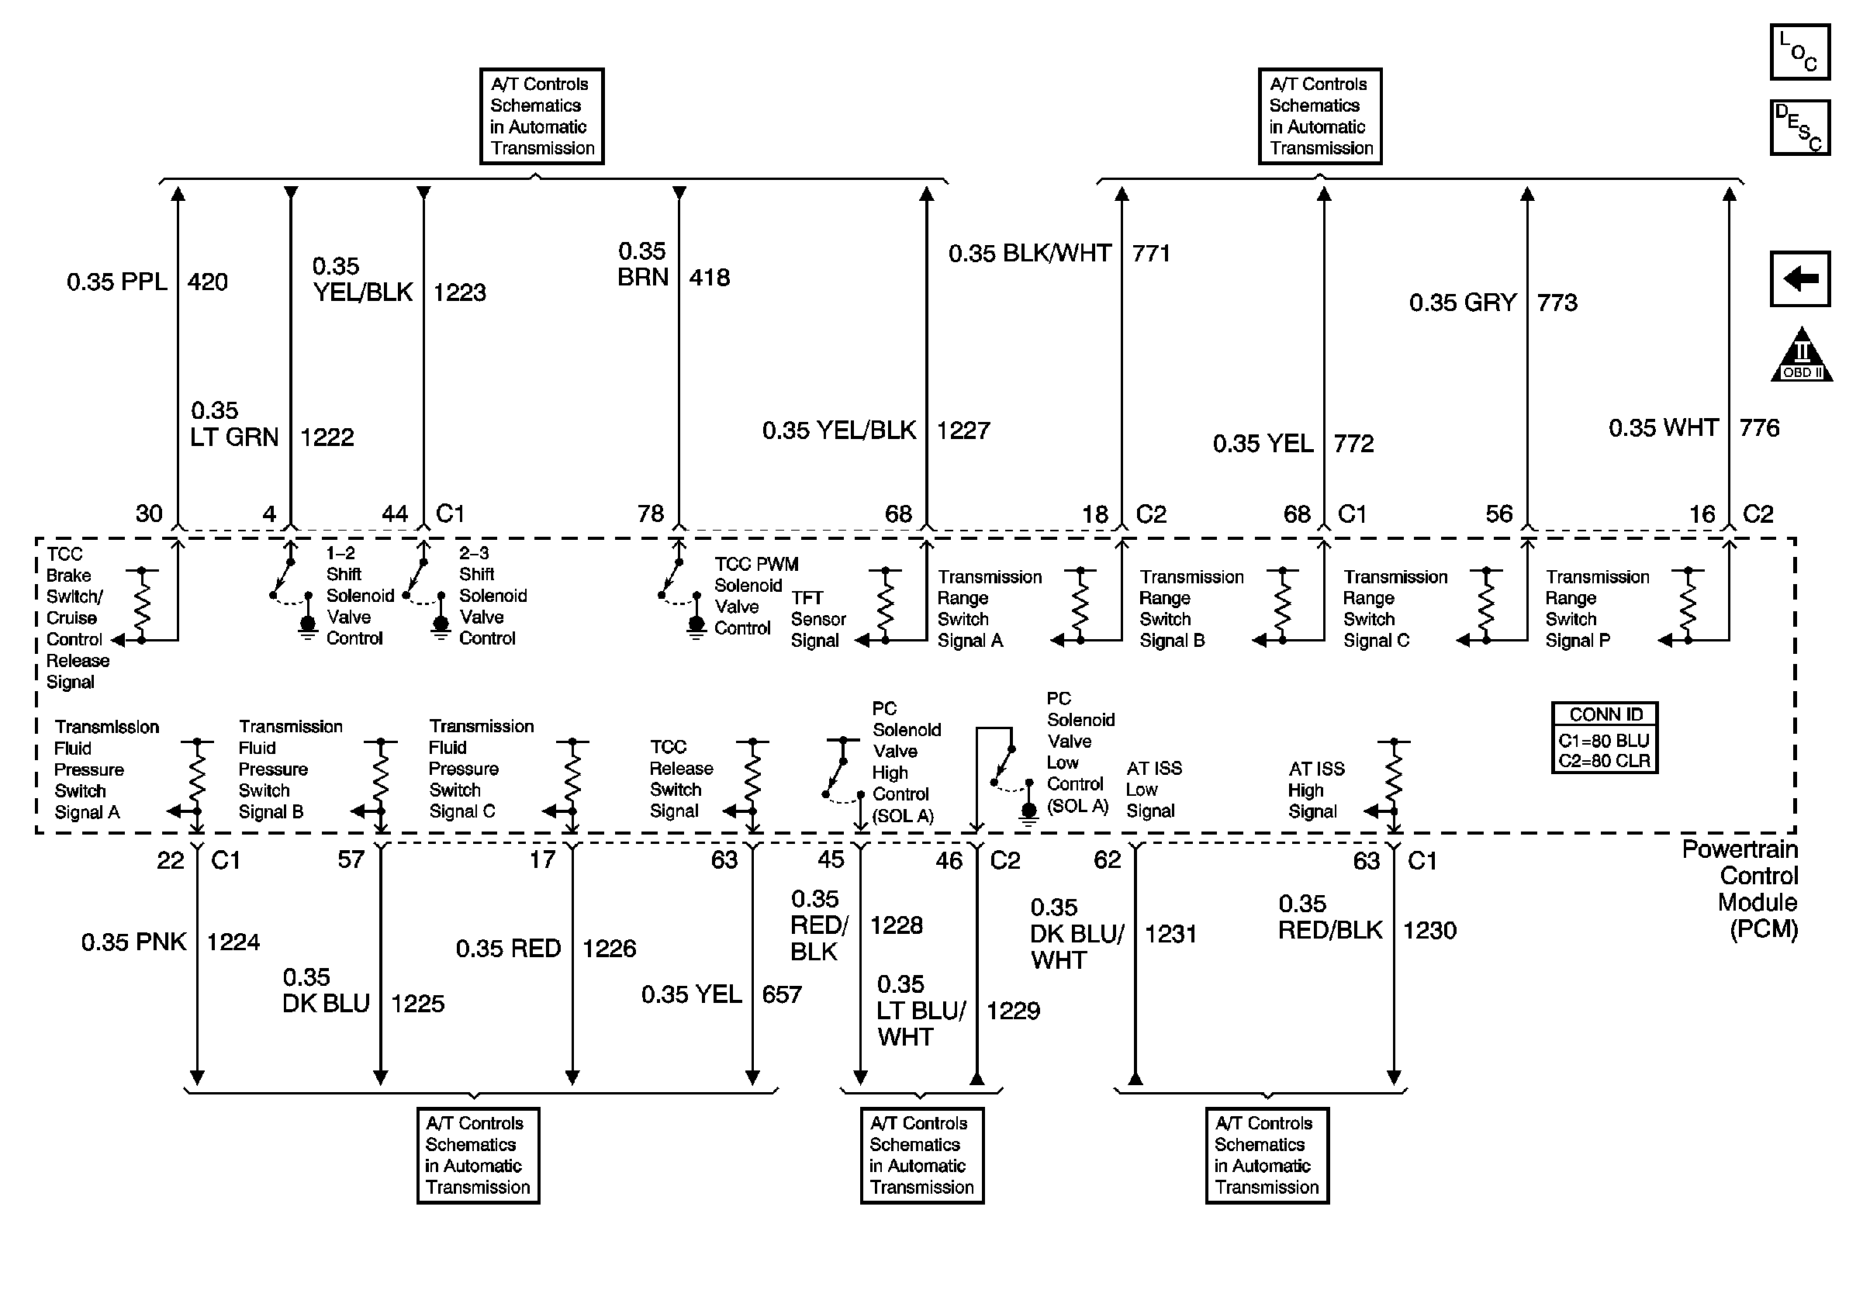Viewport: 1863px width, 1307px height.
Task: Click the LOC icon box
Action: click(1799, 52)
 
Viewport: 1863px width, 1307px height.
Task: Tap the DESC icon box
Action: click(1799, 127)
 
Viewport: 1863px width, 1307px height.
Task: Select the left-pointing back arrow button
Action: click(1799, 279)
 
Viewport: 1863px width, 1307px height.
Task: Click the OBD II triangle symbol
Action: click(1800, 356)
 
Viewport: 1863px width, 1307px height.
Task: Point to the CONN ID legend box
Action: click(1603, 738)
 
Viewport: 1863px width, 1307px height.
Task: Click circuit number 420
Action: click(207, 282)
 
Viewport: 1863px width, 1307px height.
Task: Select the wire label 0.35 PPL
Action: click(116, 282)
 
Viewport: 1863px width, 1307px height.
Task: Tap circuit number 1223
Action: click(459, 292)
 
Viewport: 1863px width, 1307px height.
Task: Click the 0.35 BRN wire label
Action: click(643, 265)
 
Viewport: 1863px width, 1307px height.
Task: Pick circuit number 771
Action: click(1150, 254)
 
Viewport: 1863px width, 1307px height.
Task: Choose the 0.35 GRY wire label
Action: click(1462, 303)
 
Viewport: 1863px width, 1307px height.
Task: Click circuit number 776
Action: click(1758, 428)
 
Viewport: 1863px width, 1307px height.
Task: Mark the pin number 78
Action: click(650, 513)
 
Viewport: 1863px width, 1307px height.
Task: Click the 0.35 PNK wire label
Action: click(133, 942)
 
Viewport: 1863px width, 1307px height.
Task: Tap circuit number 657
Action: click(781, 994)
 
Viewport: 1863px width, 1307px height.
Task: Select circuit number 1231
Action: click(1170, 934)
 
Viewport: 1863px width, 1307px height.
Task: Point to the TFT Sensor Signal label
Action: click(818, 619)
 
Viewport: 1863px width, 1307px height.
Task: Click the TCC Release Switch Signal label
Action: click(681, 779)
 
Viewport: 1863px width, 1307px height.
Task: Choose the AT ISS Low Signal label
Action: click(1153, 790)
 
